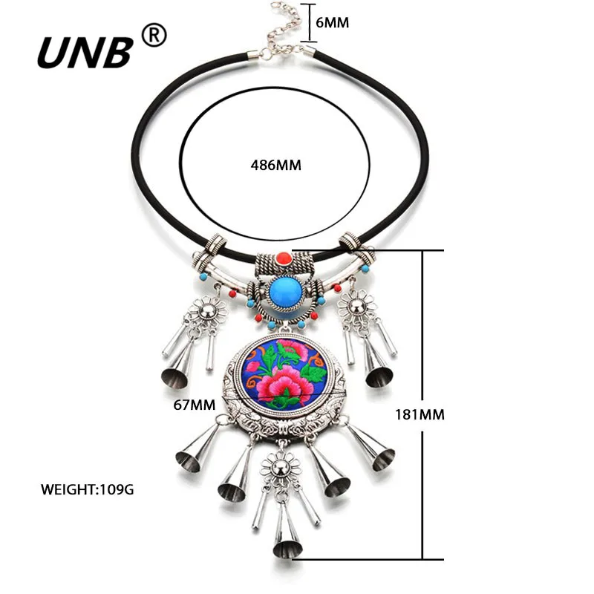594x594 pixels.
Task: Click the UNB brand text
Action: pyautogui.click(x=85, y=52)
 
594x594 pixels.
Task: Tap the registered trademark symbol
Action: pyautogui.click(x=154, y=35)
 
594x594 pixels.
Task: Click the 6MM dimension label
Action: pyautogui.click(x=332, y=22)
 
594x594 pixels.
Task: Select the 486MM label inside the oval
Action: pyautogui.click(x=275, y=165)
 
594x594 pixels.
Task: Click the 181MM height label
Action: pyautogui.click(x=421, y=414)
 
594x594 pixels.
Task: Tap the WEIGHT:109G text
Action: pyautogui.click(x=88, y=489)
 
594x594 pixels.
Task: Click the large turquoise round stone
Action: pyautogui.click(x=284, y=293)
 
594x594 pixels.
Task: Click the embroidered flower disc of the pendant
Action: pyautogui.click(x=285, y=373)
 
